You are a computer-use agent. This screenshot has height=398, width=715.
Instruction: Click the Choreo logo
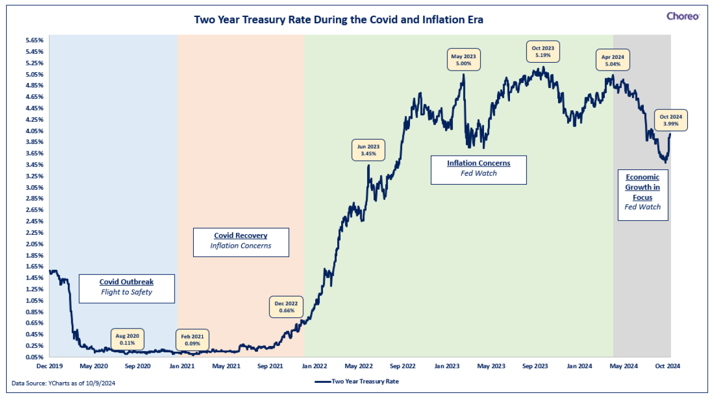pos(683,16)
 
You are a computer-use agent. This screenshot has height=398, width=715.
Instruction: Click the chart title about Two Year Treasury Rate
pos(339,20)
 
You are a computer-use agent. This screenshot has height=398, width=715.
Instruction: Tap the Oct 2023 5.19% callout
pos(543,52)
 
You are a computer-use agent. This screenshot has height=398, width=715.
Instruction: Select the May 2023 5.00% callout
pos(464,60)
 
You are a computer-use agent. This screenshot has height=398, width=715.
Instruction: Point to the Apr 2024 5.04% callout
pos(613,60)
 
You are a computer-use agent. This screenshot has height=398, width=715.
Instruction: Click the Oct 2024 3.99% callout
pos(670,120)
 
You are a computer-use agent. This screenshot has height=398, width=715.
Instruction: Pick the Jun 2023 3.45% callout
pos(368,150)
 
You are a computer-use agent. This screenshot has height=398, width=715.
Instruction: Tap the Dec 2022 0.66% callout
pos(286,307)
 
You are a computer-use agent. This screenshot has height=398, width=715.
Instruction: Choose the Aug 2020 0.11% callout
pos(128,340)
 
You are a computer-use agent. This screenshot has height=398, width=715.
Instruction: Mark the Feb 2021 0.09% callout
pos(192,340)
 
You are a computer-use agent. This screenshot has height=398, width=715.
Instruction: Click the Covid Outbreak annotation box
pos(127,289)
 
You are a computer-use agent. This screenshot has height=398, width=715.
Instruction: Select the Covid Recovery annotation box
pos(241,242)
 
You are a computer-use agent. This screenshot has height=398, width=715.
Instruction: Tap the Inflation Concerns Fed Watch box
pos(478,170)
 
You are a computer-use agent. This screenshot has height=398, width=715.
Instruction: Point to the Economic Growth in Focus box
pos(643,195)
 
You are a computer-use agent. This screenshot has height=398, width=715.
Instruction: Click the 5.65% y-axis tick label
pos(34,40)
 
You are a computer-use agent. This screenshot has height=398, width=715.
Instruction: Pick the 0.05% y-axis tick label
pos(34,357)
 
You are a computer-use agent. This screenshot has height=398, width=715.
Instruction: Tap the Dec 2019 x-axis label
pos(50,366)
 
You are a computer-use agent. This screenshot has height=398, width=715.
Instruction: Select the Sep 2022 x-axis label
pos(403,366)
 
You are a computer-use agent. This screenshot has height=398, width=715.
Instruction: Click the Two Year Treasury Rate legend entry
pos(357,382)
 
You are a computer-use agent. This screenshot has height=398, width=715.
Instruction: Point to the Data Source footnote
pos(63,383)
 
